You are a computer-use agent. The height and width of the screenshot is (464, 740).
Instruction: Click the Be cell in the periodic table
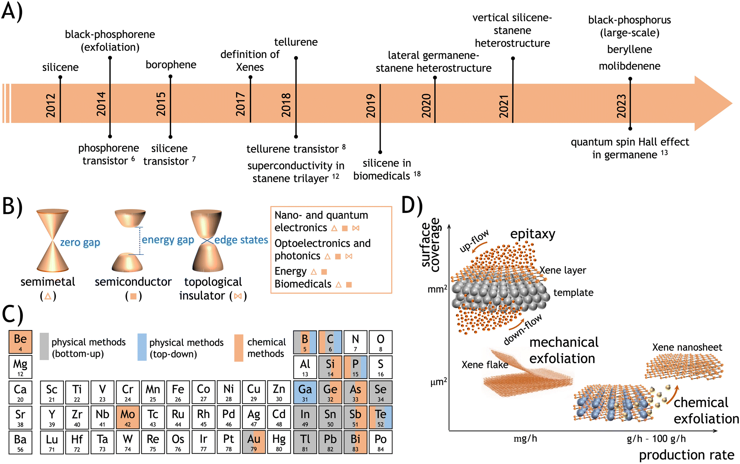[20, 342]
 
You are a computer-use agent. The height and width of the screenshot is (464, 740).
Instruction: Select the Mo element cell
[128, 417]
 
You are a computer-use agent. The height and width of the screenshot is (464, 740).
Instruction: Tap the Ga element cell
[305, 392]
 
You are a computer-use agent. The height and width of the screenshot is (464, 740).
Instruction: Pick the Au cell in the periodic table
[254, 442]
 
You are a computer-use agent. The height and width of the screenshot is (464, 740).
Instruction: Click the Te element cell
[381, 417]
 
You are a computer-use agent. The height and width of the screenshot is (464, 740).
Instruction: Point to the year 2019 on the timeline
[371, 106]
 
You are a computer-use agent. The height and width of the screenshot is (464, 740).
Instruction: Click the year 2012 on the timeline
[50, 105]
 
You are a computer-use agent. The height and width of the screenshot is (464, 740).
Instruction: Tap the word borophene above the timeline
[171, 65]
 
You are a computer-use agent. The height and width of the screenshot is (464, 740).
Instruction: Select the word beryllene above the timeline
[630, 50]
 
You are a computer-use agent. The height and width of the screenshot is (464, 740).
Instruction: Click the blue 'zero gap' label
[80, 242]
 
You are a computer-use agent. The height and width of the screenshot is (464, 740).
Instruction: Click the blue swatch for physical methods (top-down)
[142, 347]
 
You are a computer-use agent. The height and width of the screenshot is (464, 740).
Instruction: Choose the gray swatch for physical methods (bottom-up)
[44, 346]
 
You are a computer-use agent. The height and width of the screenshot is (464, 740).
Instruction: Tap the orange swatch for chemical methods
[239, 348]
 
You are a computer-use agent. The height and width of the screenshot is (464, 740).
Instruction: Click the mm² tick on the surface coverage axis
[438, 289]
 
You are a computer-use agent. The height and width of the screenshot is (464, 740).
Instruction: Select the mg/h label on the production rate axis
[525, 439]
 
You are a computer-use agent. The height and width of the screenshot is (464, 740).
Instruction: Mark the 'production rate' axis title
[687, 455]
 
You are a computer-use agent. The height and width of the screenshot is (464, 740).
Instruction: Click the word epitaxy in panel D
[533, 234]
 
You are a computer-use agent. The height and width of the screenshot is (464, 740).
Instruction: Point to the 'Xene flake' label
[485, 365]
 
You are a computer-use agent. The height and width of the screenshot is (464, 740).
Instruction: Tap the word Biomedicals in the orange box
[303, 284]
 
